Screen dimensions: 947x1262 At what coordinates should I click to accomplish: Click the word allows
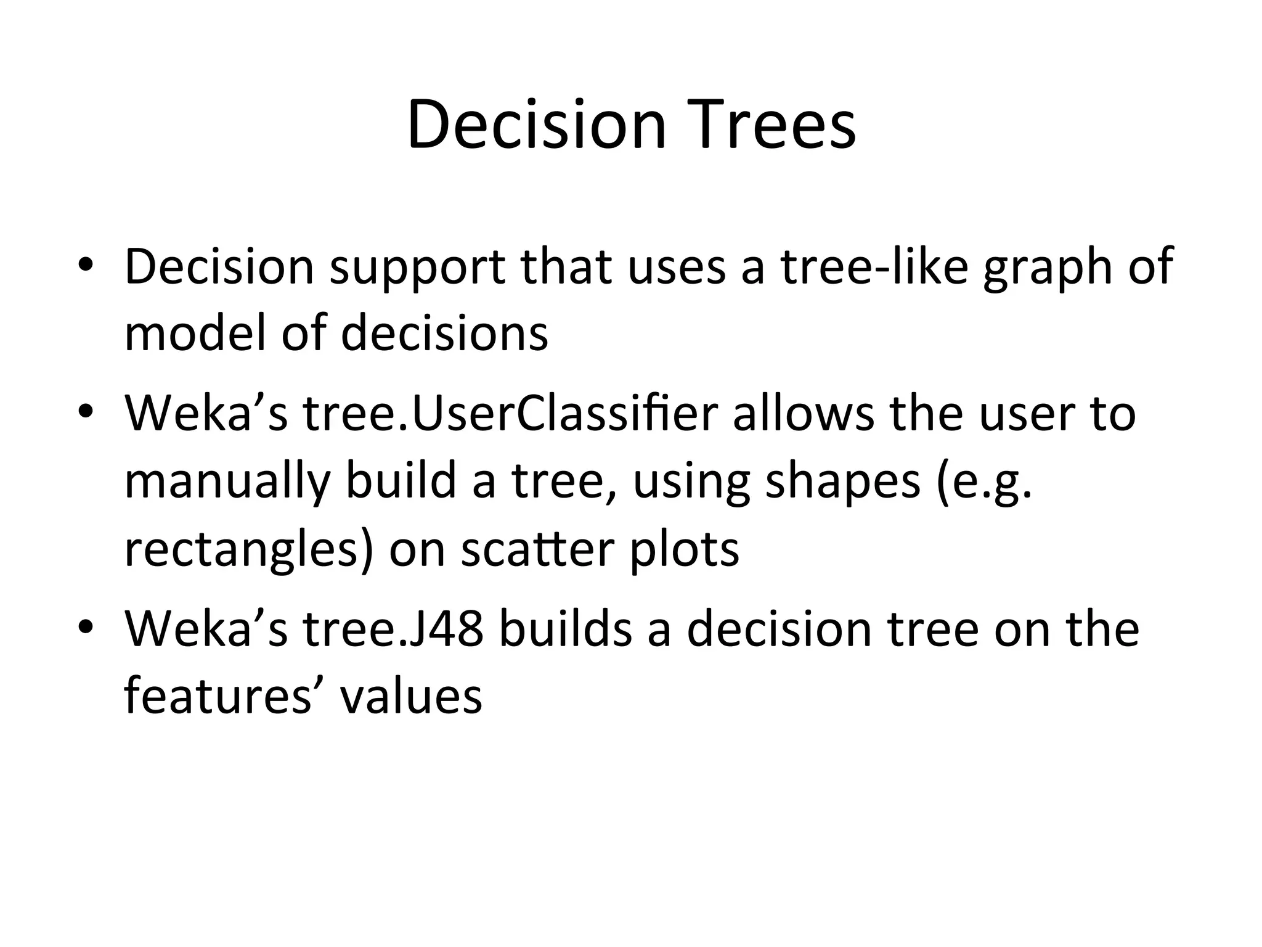(803, 413)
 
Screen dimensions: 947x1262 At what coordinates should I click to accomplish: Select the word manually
(227, 482)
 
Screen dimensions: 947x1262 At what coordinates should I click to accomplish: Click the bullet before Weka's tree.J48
(85, 628)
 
